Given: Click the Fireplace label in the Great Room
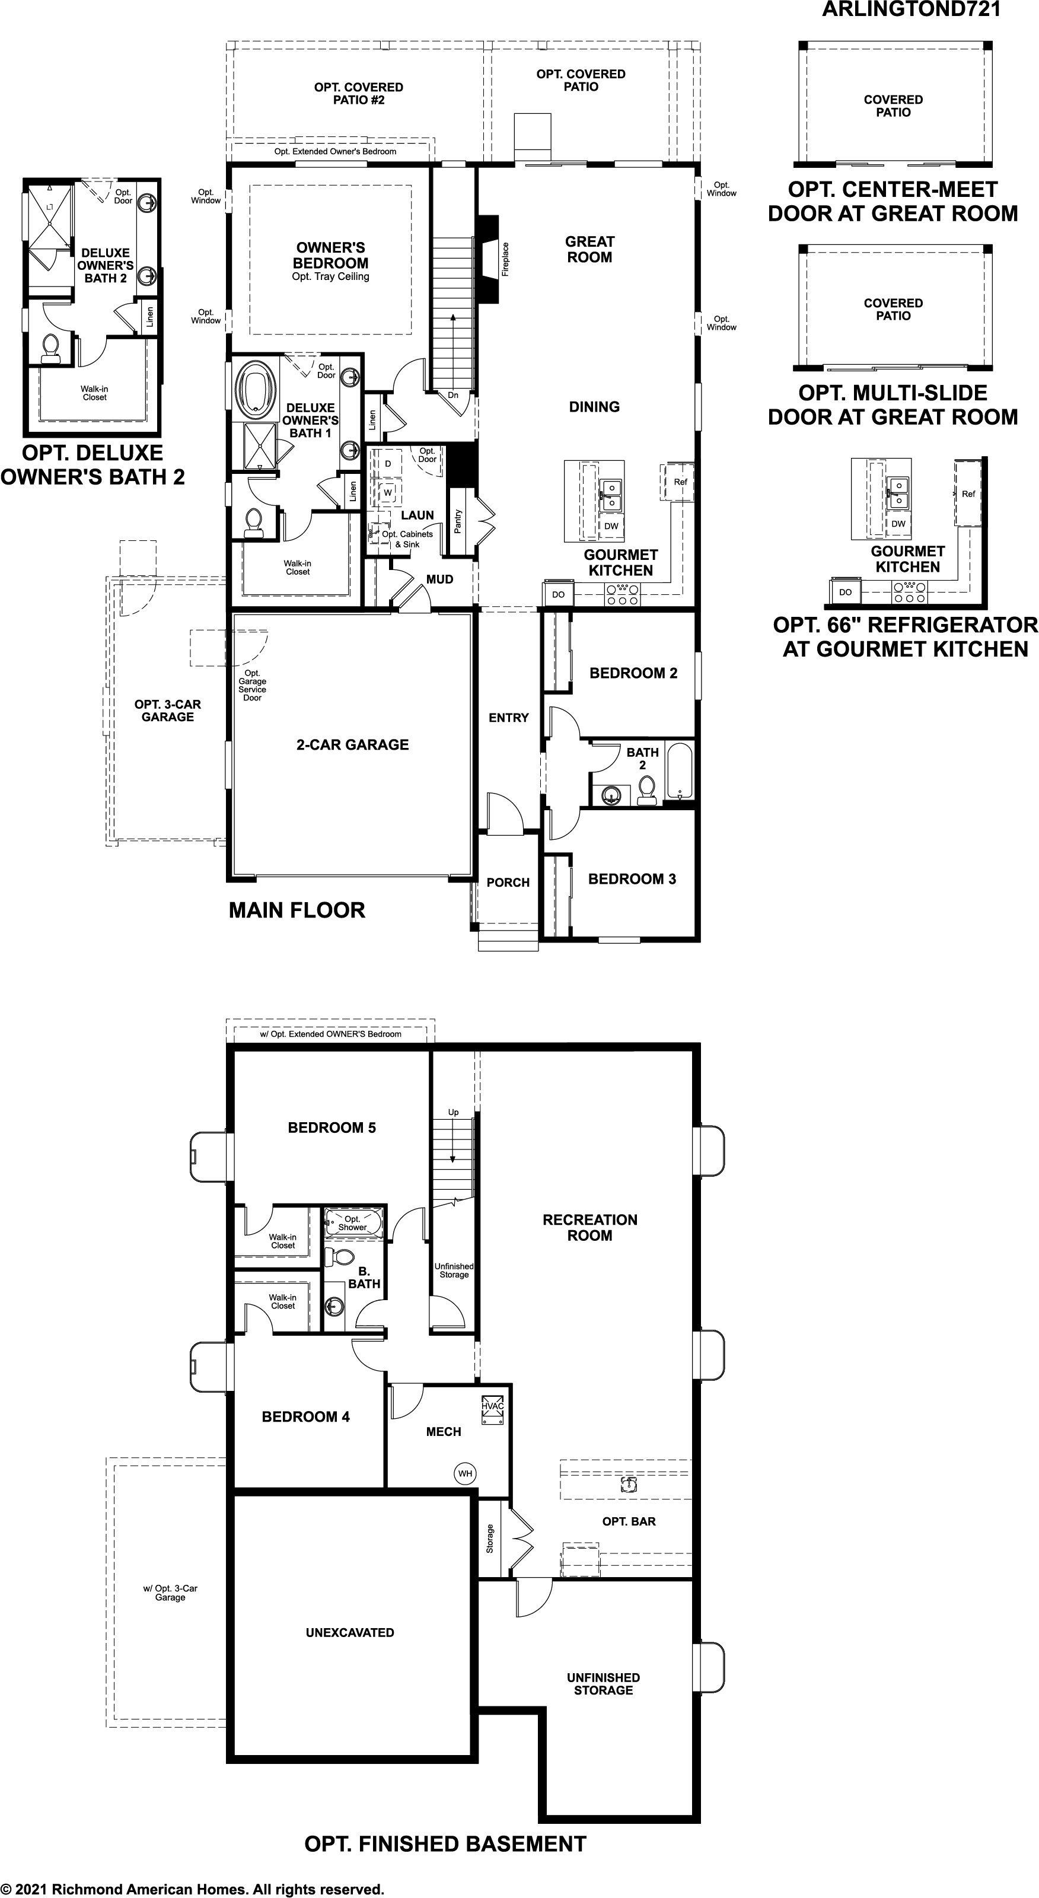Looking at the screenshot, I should tap(505, 259).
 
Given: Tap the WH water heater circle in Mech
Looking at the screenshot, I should tap(465, 1473).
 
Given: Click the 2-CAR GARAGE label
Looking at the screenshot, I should tap(352, 745).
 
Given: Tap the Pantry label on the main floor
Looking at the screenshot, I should tap(458, 521).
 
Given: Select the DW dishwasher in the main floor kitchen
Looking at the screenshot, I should tap(611, 526).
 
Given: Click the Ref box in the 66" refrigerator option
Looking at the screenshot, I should tap(967, 493).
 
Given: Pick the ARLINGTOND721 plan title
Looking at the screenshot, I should tap(911, 10).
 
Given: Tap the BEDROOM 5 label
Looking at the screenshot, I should tap(332, 1128).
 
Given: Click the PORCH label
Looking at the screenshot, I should tap(508, 883).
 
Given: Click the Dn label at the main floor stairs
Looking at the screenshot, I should tap(453, 396).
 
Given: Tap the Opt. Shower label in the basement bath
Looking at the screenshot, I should tap(352, 1223).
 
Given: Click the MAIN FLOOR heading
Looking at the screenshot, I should tap(297, 910).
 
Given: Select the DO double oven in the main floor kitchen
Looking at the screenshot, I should tap(558, 594).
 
